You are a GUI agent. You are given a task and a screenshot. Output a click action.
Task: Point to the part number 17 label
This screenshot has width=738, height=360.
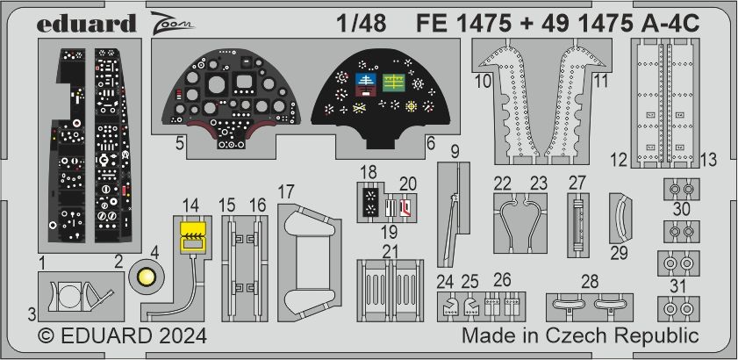tap(286, 191)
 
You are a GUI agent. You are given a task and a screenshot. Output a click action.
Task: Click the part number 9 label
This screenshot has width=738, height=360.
tap(455, 152)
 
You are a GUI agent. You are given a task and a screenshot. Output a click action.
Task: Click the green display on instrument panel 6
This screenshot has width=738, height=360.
tap(394, 83)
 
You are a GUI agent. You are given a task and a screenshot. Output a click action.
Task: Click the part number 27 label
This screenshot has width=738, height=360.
tap(577, 182)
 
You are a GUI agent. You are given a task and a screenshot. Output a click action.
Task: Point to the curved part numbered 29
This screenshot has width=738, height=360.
tap(623, 220)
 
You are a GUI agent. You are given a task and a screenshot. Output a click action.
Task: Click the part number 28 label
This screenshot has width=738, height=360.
tap(589, 280)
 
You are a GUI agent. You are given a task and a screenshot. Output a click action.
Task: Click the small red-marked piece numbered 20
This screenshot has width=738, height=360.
tap(405, 208)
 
